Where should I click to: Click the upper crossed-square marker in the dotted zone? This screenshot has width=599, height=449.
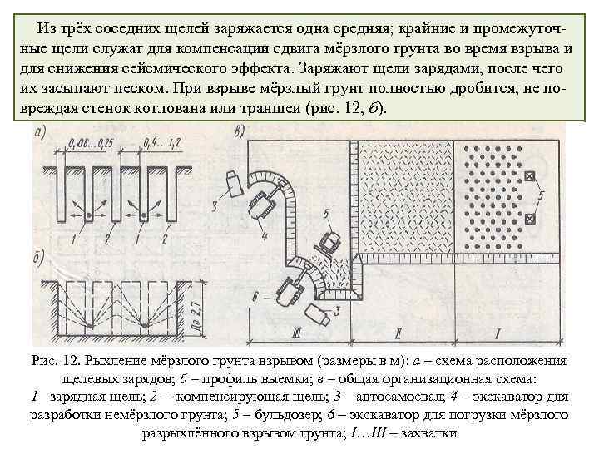[x=529, y=175]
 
